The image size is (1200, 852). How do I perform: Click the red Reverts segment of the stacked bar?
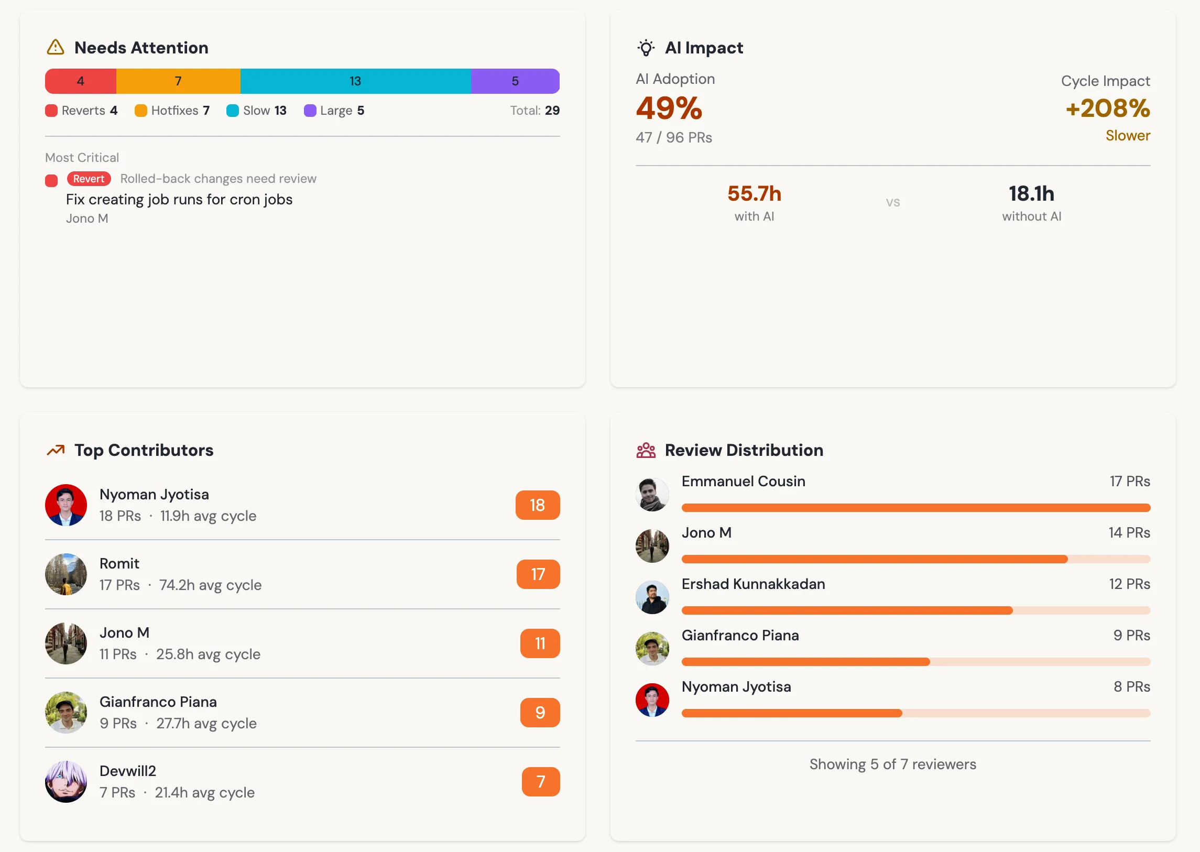[x=81, y=81]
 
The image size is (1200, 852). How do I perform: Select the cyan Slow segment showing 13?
[x=355, y=81]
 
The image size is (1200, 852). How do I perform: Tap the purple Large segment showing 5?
[x=515, y=81]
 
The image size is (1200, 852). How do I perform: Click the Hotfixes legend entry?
[x=172, y=111]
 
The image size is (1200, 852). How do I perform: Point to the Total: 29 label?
[x=534, y=111]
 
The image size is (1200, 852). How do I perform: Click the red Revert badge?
[x=89, y=179]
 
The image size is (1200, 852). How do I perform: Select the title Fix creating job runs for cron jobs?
[x=179, y=199]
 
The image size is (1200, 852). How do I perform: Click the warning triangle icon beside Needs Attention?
[x=56, y=47]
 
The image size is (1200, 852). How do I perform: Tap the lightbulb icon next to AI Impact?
[x=646, y=48]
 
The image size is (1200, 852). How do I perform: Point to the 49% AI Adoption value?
[x=669, y=108]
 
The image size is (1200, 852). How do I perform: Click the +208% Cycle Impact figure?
[x=1108, y=108]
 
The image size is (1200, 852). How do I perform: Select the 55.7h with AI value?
[x=754, y=193]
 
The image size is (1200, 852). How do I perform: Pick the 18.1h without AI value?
[x=1031, y=193]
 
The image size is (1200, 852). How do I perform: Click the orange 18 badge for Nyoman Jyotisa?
[x=538, y=505]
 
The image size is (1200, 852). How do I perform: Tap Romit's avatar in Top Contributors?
[x=66, y=574]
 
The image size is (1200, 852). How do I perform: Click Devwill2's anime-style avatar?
[x=66, y=782]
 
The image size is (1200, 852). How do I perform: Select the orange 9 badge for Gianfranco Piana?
[x=540, y=713]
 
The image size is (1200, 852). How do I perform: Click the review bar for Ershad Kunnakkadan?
[x=915, y=610]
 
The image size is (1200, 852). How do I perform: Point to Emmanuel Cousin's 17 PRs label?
[x=1130, y=481]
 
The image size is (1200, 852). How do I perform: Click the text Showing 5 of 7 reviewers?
[x=892, y=764]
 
